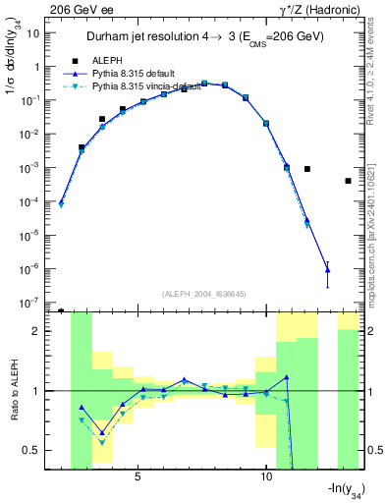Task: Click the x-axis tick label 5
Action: pos(138,476)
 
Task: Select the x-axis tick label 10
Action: pos(266,476)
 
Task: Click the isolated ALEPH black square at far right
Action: pos(349,181)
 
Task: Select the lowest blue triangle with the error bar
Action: pos(328,269)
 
